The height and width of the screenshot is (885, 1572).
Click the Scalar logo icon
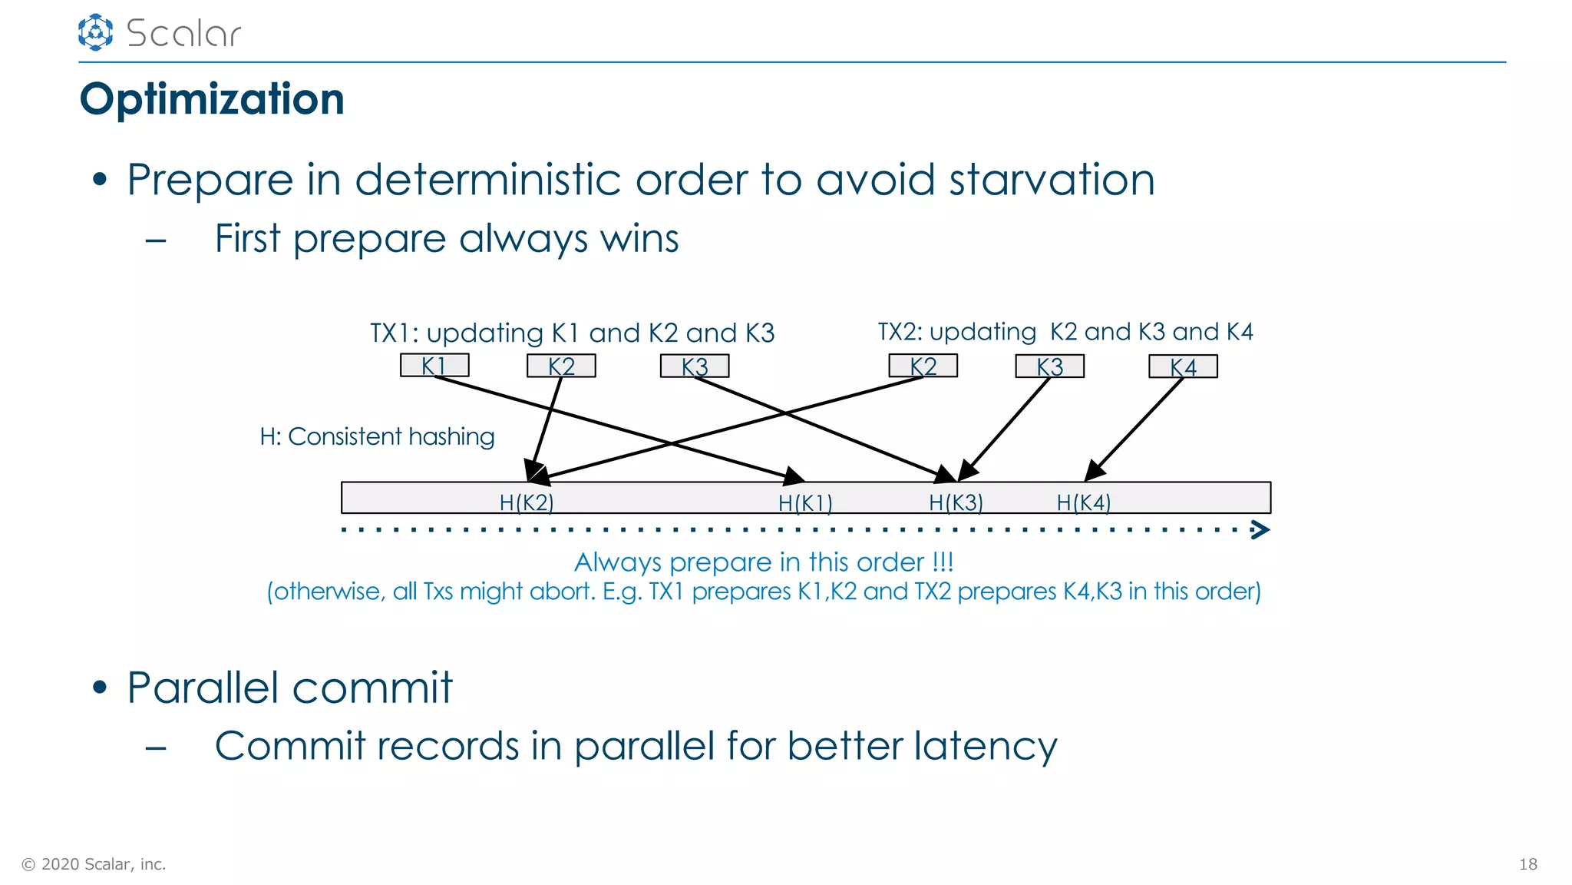[x=95, y=32]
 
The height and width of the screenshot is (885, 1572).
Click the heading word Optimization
[x=212, y=99]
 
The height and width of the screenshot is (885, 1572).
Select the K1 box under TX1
[x=434, y=365]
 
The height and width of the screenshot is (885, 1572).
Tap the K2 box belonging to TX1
[x=561, y=366]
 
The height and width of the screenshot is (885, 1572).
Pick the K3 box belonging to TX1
[x=695, y=366]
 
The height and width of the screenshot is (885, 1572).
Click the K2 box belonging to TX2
[x=923, y=366]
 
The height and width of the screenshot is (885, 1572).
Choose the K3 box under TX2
[x=1049, y=366]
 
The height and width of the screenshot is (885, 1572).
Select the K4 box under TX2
[x=1183, y=366]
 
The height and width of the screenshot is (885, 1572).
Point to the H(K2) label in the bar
[x=527, y=502]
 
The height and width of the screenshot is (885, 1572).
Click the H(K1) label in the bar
[x=805, y=503]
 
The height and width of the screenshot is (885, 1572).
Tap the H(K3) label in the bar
[x=956, y=502]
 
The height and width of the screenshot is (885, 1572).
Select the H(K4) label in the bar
[x=1083, y=502]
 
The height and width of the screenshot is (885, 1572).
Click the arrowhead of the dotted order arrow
[x=1260, y=529]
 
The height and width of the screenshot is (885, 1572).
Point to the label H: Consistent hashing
[x=377, y=436]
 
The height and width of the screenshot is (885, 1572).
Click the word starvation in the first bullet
[x=1052, y=180]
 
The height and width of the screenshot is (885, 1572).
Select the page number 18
[x=1527, y=864]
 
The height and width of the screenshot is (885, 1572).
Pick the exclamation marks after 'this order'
[x=943, y=562]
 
